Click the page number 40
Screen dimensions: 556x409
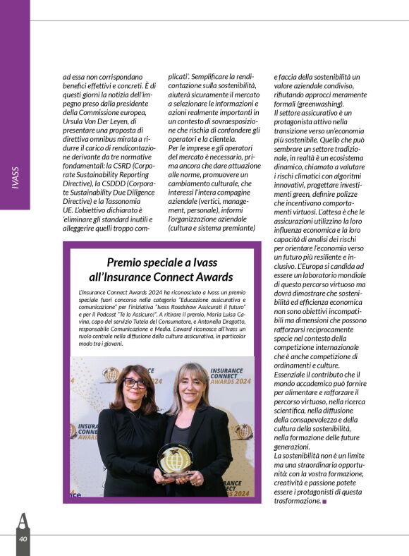pos(23,539)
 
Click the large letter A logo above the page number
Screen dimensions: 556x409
pos(23,521)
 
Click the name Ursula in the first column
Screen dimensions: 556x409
pos(77,121)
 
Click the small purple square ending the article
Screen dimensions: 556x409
pos(325,501)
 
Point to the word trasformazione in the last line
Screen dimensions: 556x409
pos(298,500)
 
